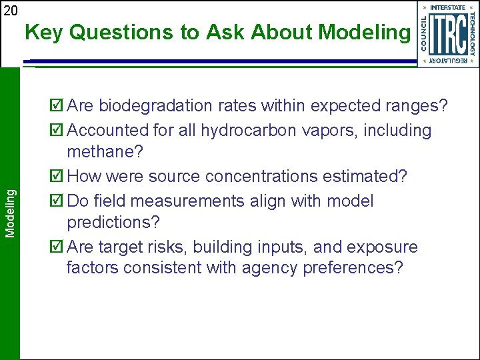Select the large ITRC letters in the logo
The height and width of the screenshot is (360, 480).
[447, 33]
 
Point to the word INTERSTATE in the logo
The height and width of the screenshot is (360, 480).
[447, 7]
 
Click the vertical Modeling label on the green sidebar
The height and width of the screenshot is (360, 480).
[10, 212]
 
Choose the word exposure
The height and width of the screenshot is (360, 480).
[383, 247]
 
